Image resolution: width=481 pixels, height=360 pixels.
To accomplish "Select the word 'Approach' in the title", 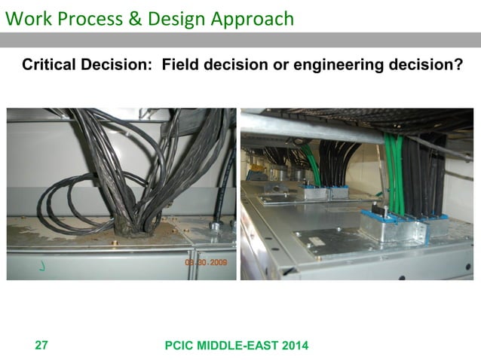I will pyautogui.click(x=253, y=18).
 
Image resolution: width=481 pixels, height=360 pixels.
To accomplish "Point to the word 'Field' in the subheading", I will pyautogui.click(x=182, y=66).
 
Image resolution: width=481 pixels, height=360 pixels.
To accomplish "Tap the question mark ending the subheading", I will pyautogui.click(x=458, y=66).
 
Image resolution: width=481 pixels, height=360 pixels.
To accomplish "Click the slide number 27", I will pyautogui.click(x=41, y=346).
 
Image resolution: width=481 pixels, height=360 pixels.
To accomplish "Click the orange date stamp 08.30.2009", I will pyautogui.click(x=207, y=264).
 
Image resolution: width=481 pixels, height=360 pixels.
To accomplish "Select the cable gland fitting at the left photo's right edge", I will pyautogui.click(x=215, y=224).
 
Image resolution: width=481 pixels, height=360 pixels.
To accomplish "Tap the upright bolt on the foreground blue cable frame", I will pyautogui.click(x=385, y=212).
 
